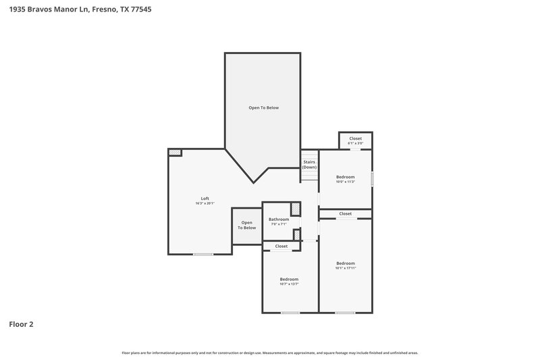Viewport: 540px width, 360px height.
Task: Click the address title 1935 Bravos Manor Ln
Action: [x=75, y=9]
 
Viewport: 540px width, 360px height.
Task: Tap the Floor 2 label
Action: [x=21, y=324]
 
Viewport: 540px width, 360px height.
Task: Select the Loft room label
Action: [x=205, y=198]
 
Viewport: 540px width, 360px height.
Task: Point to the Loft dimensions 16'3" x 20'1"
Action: [x=205, y=203]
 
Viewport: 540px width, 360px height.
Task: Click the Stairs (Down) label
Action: [x=309, y=164]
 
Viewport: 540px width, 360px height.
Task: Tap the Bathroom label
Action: [x=279, y=219]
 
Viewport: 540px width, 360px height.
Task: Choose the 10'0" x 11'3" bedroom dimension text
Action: [x=345, y=182]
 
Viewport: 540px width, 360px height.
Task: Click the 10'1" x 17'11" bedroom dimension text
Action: [x=345, y=268]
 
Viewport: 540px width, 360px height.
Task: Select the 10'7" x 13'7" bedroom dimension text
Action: [x=289, y=284]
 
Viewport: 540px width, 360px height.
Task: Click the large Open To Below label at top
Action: [x=263, y=107]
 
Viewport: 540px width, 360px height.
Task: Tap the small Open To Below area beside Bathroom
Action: [x=246, y=226]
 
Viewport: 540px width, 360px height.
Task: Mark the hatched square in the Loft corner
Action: [x=175, y=153]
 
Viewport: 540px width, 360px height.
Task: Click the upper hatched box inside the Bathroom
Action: [x=295, y=209]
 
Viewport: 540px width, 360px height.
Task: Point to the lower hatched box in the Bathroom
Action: [x=296, y=234]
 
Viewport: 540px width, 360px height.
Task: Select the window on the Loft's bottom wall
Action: [x=203, y=254]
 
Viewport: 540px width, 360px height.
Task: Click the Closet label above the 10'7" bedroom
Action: [x=281, y=247]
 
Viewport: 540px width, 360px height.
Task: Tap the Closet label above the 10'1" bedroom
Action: [x=345, y=213]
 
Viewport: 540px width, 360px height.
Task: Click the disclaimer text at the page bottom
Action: [x=269, y=353]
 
